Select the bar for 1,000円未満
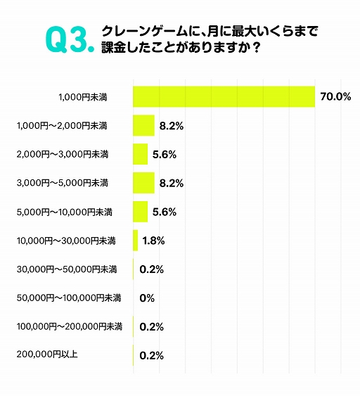tap(224, 96)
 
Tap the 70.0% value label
tap(335, 97)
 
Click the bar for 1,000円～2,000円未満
tap(143, 125)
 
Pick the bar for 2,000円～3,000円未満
tap(141, 154)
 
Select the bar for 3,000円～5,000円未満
tap(143, 183)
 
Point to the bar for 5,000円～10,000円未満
tap(141, 212)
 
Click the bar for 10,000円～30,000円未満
tap(136, 241)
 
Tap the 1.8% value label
tap(153, 241)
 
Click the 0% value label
tap(147, 298)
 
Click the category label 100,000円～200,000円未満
tap(69, 326)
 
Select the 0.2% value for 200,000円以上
tap(152, 356)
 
